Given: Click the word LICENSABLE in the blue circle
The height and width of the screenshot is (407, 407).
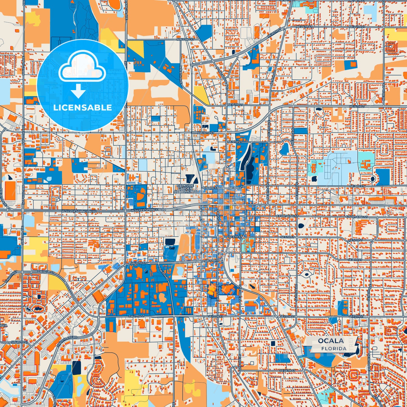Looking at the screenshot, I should click(x=82, y=108).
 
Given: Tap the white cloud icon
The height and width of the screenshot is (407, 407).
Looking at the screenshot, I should click(x=82, y=68).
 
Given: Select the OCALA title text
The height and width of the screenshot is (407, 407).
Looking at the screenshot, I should click(x=331, y=341).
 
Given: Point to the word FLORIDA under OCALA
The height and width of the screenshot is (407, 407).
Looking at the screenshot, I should click(x=334, y=348).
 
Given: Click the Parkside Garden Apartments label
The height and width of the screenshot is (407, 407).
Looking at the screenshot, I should click(x=185, y=188).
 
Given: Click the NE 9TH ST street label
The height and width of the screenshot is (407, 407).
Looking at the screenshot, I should click(x=234, y=142).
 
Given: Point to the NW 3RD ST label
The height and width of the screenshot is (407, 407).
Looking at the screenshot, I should click(x=210, y=188).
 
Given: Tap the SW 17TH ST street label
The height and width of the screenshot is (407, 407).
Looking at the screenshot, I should click(x=137, y=317).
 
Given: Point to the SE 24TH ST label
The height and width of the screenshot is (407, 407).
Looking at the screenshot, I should click(x=287, y=370).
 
